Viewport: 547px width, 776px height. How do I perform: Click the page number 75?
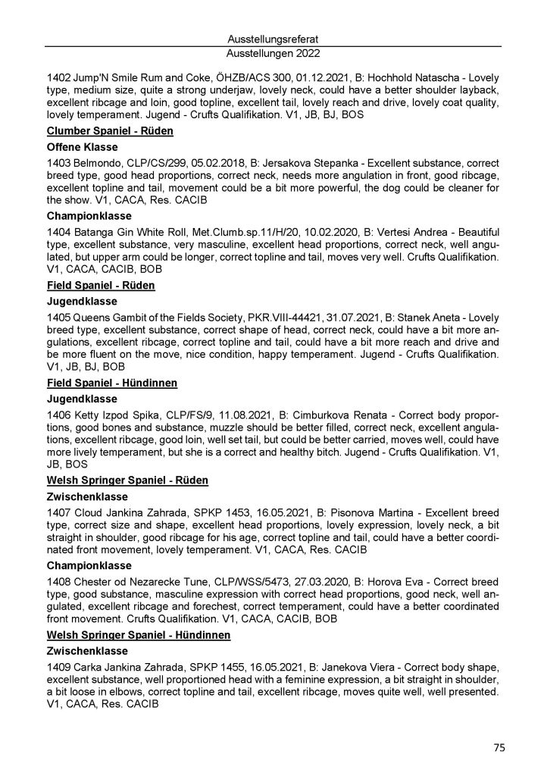[499, 747]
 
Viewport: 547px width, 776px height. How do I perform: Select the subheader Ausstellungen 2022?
[273, 54]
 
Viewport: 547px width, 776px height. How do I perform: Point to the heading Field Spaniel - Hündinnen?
[111, 383]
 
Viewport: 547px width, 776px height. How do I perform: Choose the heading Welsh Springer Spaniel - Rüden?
[127, 480]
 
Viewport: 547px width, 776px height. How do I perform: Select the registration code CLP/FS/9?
[181, 415]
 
